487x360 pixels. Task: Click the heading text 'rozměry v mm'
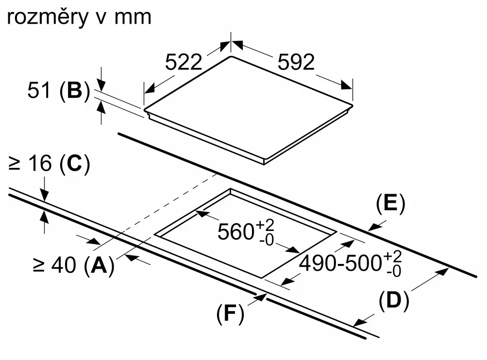pyautogui.click(x=79, y=17)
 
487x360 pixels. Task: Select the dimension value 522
pyautogui.click(x=184, y=62)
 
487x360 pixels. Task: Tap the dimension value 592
pyautogui.click(x=296, y=62)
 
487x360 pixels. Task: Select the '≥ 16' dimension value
pyautogui.click(x=30, y=163)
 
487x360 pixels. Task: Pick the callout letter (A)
pyautogui.click(x=99, y=266)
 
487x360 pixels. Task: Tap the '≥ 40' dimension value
pyautogui.click(x=54, y=265)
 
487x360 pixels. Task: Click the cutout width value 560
pyautogui.click(x=236, y=231)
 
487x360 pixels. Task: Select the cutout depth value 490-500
pyautogui.click(x=340, y=263)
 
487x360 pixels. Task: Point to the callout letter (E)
pyautogui.click(x=390, y=204)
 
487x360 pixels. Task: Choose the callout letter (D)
pyautogui.click(x=394, y=300)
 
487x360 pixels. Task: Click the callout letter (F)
pyautogui.click(x=230, y=314)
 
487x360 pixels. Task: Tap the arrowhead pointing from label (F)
pyautogui.click(x=261, y=297)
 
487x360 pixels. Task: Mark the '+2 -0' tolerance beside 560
pyautogui.click(x=265, y=232)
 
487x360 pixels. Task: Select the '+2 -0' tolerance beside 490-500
pyautogui.click(x=393, y=264)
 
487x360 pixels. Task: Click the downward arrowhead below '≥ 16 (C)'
pyautogui.click(x=45, y=196)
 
